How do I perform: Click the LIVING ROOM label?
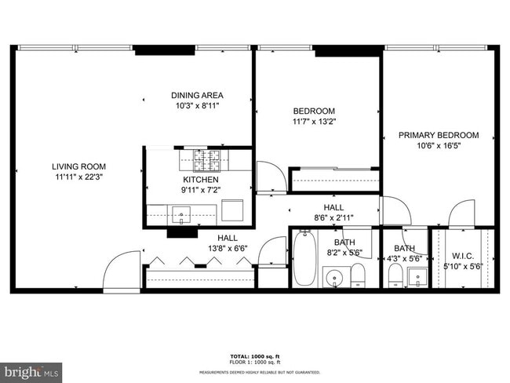[x=78, y=166]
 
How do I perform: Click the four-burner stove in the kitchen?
[x=207, y=162]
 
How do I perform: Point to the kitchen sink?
[x=181, y=213]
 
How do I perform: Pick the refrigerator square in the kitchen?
[x=232, y=211]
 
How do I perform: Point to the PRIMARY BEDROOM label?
[x=438, y=135]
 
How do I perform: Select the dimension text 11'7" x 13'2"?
[x=314, y=122]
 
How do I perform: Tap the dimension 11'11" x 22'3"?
[x=78, y=177]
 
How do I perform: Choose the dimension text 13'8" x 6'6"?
[x=228, y=249]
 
